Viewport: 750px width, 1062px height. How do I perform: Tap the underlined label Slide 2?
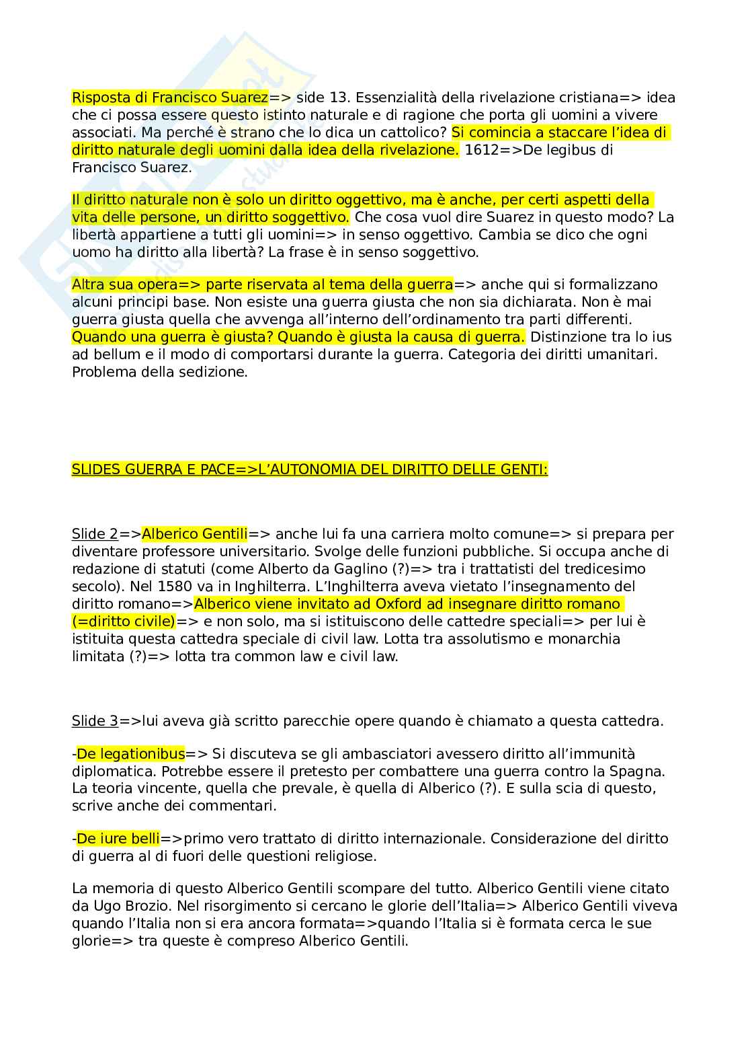pos(95,535)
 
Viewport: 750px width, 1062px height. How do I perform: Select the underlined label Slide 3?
pos(95,722)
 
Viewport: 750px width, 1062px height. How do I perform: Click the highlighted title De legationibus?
pos(131,754)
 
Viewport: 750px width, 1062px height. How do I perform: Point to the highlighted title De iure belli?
pos(118,839)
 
